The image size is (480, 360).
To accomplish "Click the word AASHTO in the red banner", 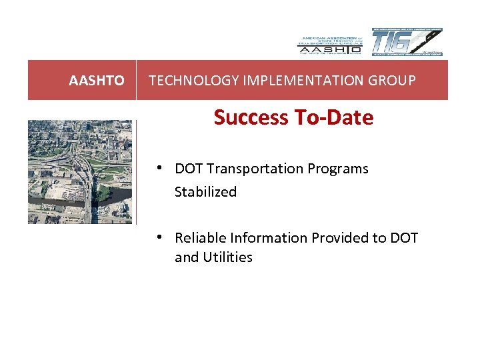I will coord(97,81).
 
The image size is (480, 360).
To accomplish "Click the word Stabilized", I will coord(205,192).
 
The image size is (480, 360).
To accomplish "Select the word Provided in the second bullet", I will coord(335,238).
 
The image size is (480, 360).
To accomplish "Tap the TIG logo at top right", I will coord(407,43).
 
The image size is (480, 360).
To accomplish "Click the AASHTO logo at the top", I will coord(329,44).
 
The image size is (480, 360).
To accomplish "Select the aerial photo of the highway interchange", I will coord(80,172).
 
